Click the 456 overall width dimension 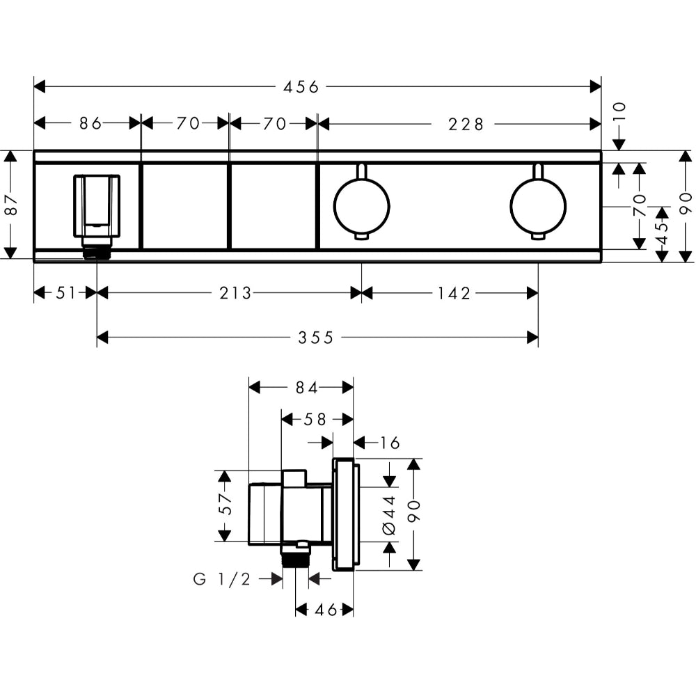[301, 86]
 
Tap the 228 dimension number [466, 124]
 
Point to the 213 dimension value [235, 293]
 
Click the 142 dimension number [454, 293]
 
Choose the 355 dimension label [317, 338]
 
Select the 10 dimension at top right [619, 112]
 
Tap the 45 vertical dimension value [662, 230]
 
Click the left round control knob [361, 206]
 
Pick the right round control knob [537, 206]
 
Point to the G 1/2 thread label [222, 578]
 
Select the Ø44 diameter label [389, 514]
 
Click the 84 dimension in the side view [307, 388]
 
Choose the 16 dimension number [390, 443]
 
